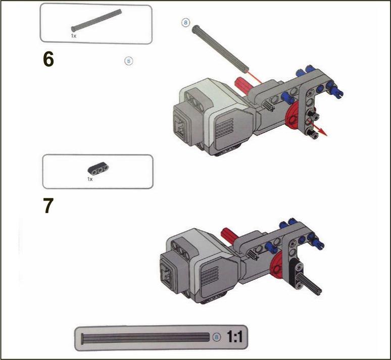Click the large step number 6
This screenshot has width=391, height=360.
48,60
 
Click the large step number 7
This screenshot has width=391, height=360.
48,205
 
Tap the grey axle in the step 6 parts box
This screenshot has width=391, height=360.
96,20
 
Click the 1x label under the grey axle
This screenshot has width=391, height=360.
74,36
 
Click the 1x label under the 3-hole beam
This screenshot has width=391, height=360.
90,179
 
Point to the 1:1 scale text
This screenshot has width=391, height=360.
234,337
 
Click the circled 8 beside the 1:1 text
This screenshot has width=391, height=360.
217,337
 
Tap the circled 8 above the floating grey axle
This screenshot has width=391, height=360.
185,23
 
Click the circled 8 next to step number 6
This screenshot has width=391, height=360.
129,61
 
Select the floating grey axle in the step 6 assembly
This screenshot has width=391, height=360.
220,47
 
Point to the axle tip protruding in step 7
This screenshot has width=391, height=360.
318,292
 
